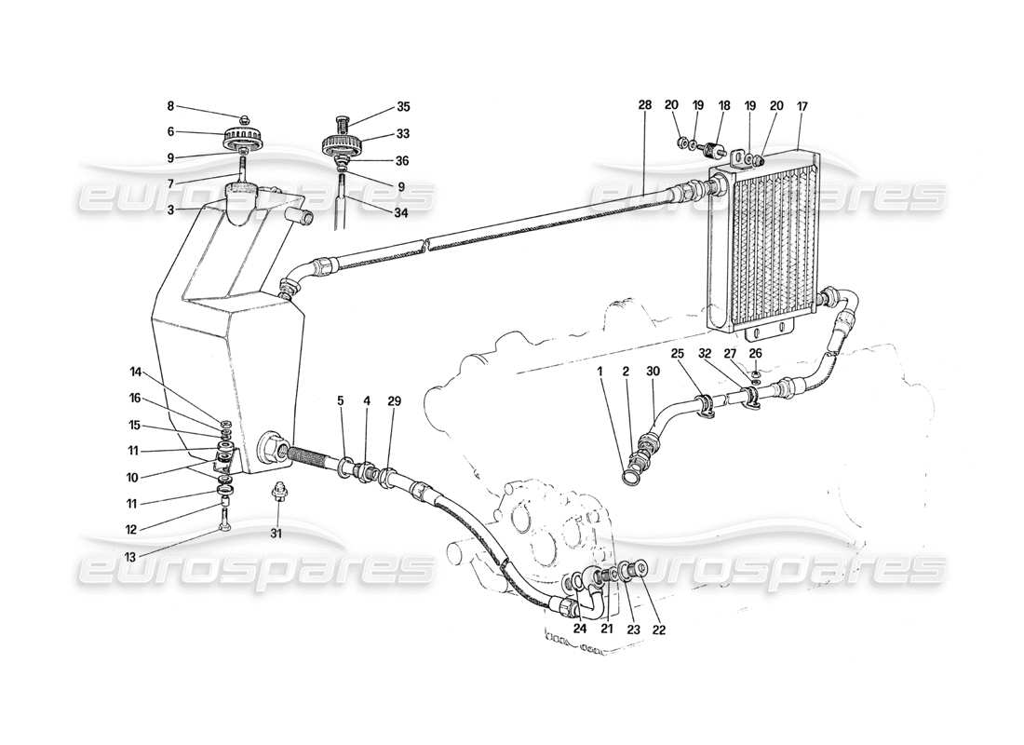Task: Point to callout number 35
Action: (377, 107)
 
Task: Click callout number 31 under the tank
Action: (275, 534)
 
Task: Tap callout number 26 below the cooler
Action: (756, 353)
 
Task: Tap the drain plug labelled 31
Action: (276, 493)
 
